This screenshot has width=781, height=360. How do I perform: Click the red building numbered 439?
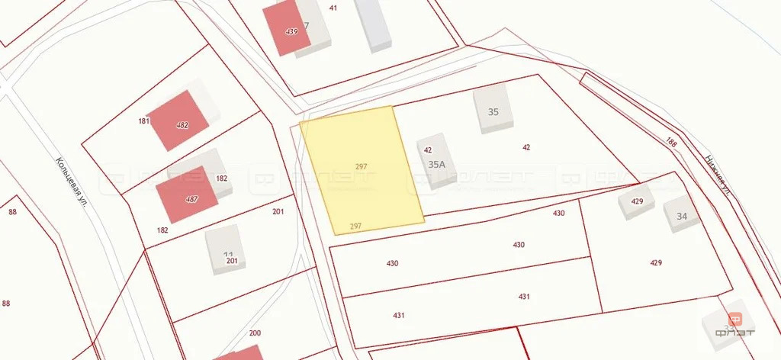coord(286,29)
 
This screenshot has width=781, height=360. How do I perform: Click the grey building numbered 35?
coord(493,111)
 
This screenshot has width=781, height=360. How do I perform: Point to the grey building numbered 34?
coord(681,214)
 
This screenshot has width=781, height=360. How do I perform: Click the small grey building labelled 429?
coord(637,203)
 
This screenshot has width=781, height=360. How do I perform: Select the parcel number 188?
coord(671,141)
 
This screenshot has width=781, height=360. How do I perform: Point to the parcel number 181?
coord(143,121)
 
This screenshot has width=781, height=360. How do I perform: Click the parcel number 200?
coord(255,333)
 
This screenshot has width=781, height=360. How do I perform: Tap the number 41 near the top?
coord(333,8)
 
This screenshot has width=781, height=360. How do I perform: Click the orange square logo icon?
coord(735,318)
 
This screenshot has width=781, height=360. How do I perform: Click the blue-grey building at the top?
coord(373,23)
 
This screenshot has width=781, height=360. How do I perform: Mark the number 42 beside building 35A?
coord(428,150)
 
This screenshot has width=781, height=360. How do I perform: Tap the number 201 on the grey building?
coord(232,261)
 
